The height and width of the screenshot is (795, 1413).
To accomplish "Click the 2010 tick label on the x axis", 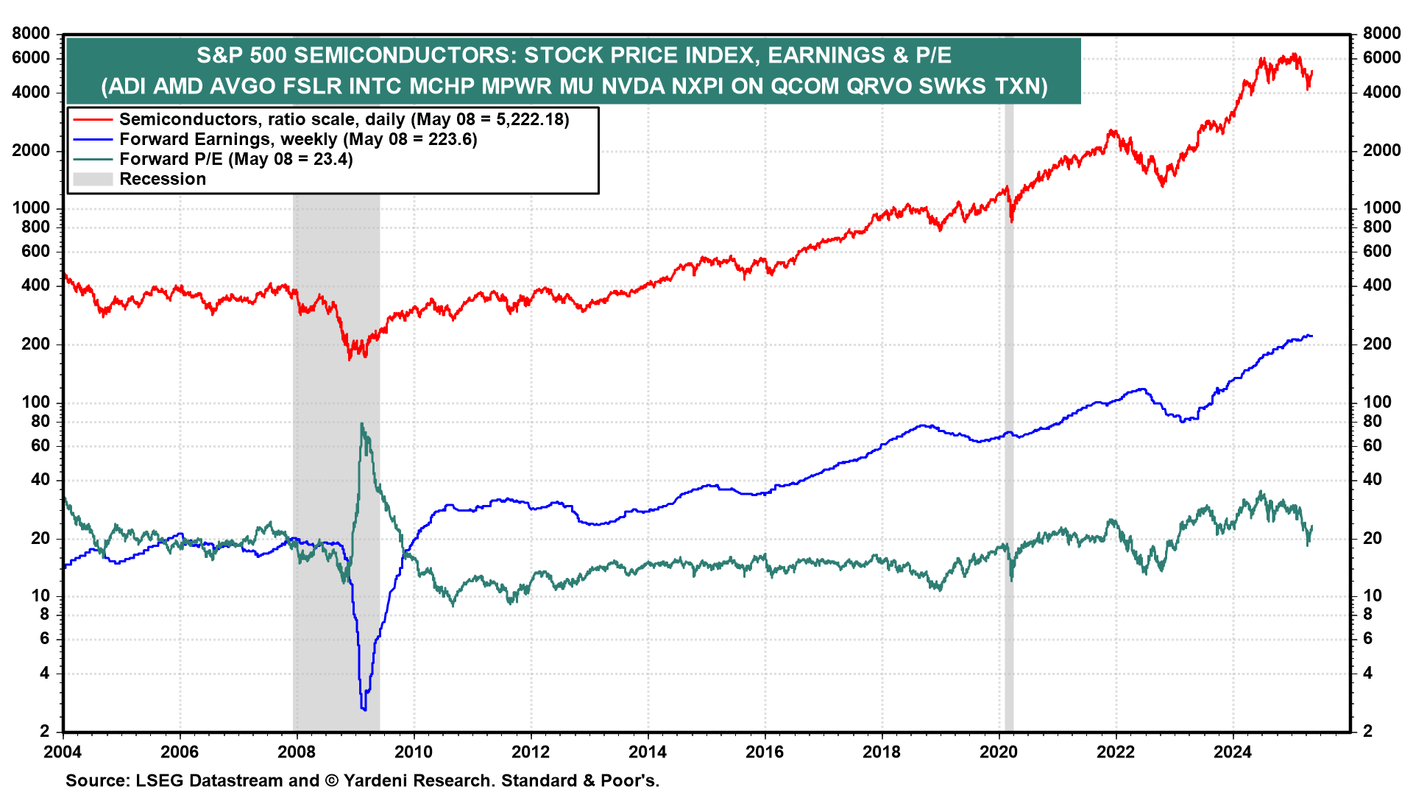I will pyautogui.click(x=414, y=752).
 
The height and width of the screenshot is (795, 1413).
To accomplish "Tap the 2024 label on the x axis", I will pyautogui.click(x=1233, y=752).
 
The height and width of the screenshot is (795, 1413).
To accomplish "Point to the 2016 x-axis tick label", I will pyautogui.click(x=765, y=752).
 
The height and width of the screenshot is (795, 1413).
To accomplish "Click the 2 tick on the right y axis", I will pyautogui.click(x=1368, y=731).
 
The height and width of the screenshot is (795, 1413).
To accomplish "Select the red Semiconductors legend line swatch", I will pyautogui.click(x=93, y=119).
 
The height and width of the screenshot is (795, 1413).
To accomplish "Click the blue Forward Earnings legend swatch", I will pyautogui.click(x=93, y=139).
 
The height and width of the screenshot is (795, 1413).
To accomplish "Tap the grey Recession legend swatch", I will pyautogui.click(x=93, y=179).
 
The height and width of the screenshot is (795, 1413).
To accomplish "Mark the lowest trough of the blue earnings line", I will pyautogui.click(x=364, y=709).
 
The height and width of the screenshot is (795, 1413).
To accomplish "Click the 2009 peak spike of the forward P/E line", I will pyautogui.click(x=361, y=424).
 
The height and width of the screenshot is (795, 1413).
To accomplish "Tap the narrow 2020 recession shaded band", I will pyautogui.click(x=1009, y=442).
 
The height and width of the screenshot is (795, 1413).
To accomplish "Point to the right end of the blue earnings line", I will pyautogui.click(x=1311, y=336).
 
